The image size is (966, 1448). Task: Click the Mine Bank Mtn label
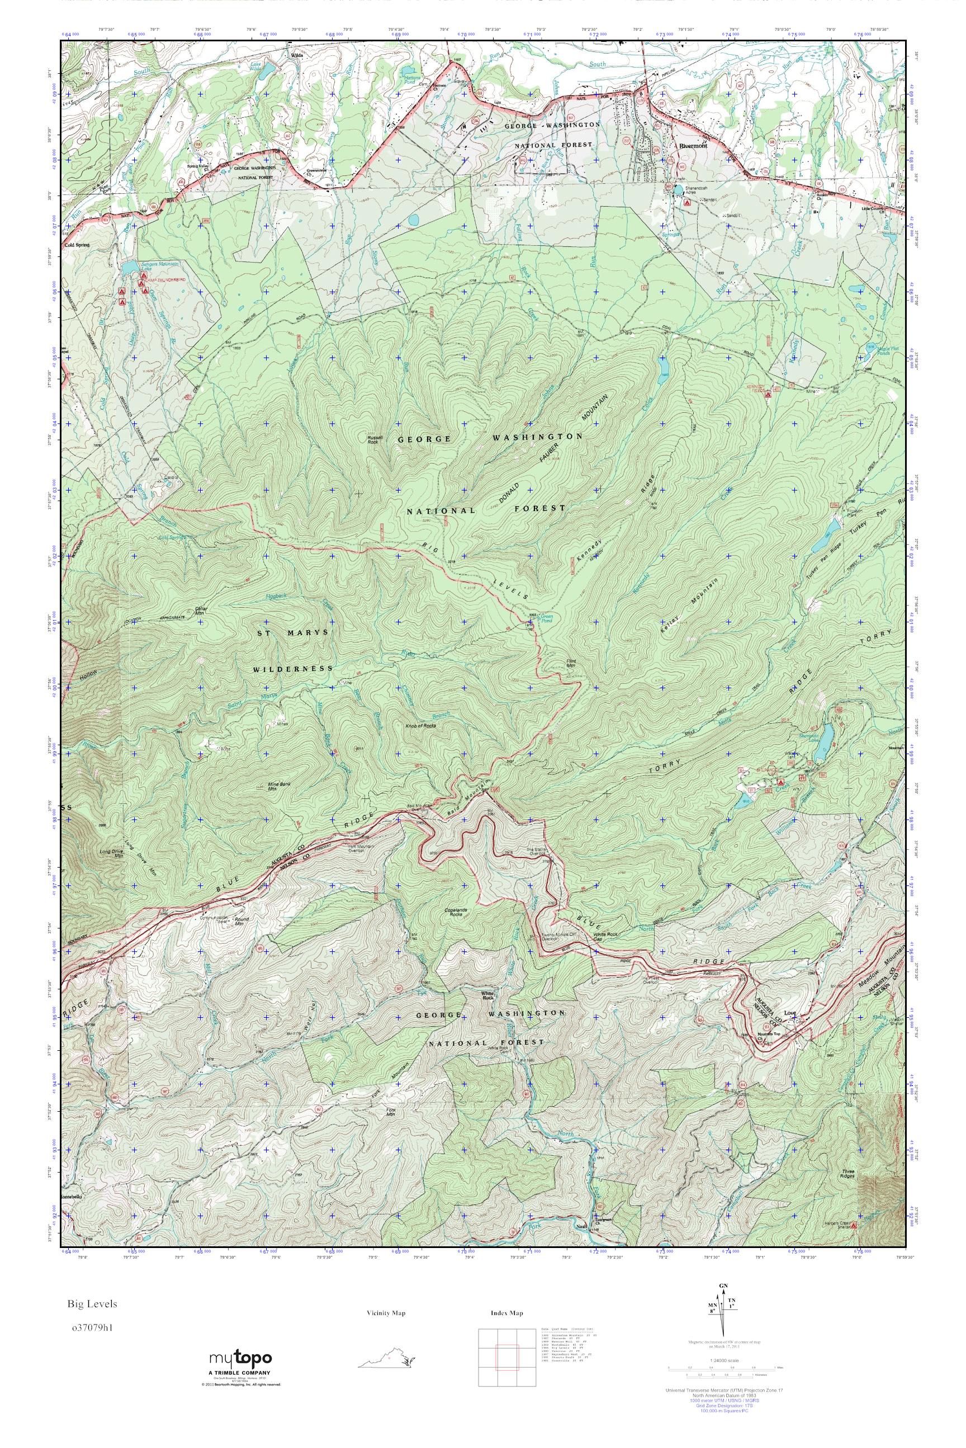point(278,786)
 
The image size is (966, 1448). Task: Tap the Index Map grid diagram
point(499,1354)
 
